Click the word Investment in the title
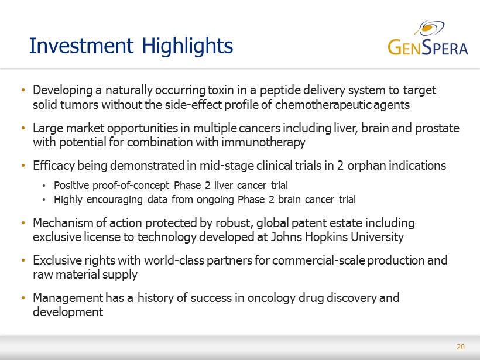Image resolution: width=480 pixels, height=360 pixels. coord(81,46)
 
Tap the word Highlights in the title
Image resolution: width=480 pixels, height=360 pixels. coord(187,46)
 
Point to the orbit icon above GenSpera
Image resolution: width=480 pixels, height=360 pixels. coord(429,28)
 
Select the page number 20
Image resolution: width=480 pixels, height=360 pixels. coord(461,347)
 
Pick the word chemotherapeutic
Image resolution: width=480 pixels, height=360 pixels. coord(323,105)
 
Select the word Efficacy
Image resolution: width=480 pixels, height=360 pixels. coord(54,166)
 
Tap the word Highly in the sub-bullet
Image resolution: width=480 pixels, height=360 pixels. coord(68,200)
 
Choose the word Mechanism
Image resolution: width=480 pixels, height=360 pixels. coord(63,223)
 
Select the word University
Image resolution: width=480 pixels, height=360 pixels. coord(377,237)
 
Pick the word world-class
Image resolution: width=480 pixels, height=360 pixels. coord(174,260)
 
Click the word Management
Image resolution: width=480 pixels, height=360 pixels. coord(68,298)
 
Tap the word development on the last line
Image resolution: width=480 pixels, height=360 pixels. coord(68,312)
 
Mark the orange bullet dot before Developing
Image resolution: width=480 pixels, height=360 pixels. coord(23,90)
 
